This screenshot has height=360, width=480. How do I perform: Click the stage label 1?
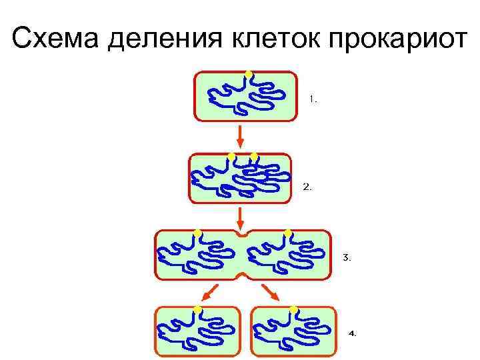pos(313,99)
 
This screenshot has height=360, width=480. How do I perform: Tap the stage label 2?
pos(307,187)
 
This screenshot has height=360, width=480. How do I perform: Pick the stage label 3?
pos(346,257)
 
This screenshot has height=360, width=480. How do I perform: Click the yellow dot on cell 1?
pos(248,73)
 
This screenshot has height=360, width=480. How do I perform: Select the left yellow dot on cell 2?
pos(231,156)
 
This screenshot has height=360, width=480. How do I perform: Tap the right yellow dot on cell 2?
pos(254,156)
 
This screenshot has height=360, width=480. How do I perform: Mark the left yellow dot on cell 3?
pos(197,232)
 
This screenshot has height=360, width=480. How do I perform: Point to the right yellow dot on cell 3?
pos(288,232)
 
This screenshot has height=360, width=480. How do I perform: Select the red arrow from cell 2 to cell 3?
pos(242,217)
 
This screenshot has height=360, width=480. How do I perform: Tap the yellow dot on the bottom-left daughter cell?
pos(198,309)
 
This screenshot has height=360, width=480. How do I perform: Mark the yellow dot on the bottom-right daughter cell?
pos(293,309)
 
